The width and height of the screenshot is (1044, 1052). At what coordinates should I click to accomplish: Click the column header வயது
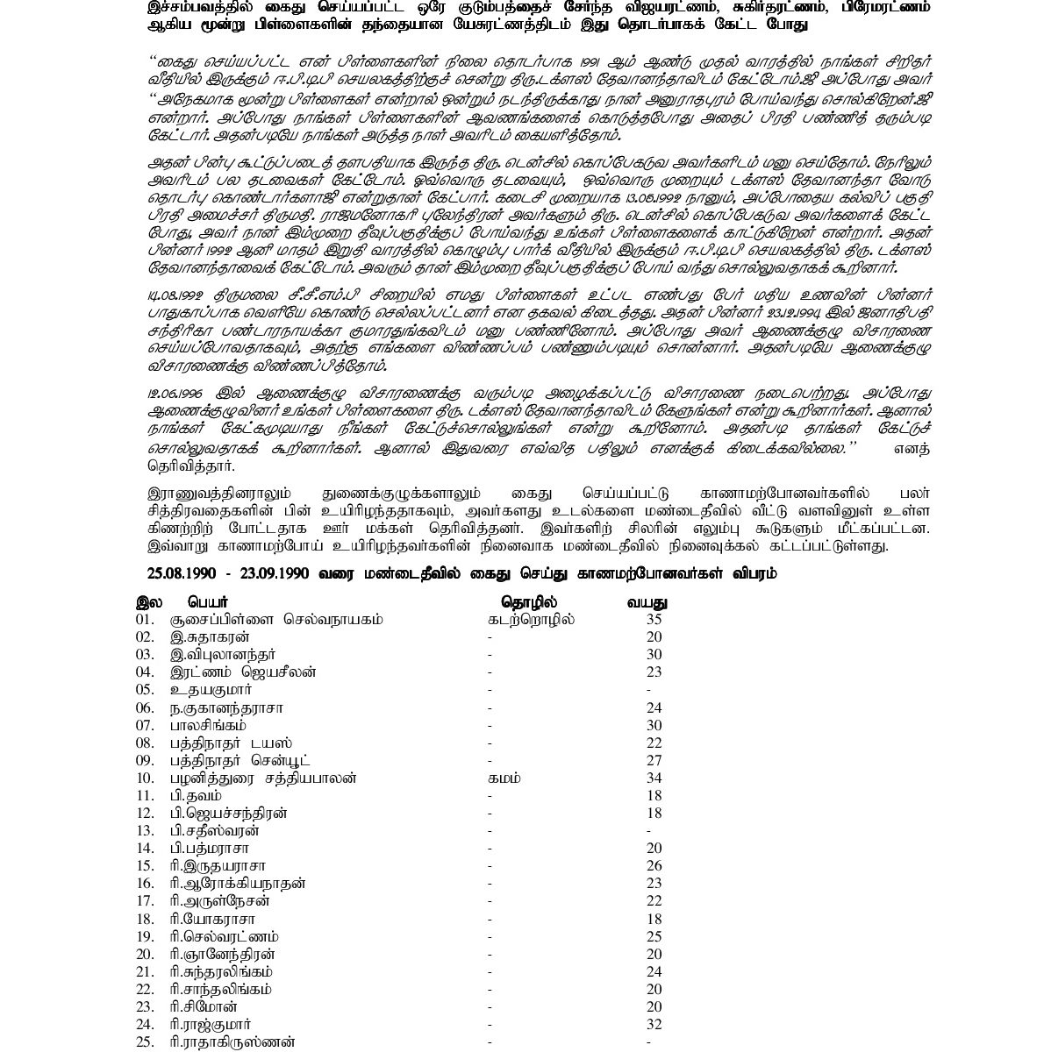tap(647, 602)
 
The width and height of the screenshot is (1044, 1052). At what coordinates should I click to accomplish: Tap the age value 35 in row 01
tap(653, 619)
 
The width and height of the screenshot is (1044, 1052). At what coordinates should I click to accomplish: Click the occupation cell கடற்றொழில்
tap(533, 619)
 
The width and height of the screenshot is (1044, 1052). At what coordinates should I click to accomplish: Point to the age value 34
tap(653, 778)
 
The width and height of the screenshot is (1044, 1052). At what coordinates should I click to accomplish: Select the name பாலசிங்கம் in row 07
tap(209, 725)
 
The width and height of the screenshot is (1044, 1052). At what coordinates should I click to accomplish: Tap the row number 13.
tap(145, 830)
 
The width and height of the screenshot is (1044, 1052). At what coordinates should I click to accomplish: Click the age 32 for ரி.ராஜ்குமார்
tap(653, 1024)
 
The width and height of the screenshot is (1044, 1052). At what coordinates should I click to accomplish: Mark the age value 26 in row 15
tap(653, 865)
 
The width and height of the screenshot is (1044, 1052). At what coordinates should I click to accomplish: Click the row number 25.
tap(145, 1041)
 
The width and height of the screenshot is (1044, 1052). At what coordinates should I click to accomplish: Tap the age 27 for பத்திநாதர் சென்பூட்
tap(653, 760)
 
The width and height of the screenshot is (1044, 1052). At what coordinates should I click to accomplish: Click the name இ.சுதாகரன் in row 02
tap(211, 636)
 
